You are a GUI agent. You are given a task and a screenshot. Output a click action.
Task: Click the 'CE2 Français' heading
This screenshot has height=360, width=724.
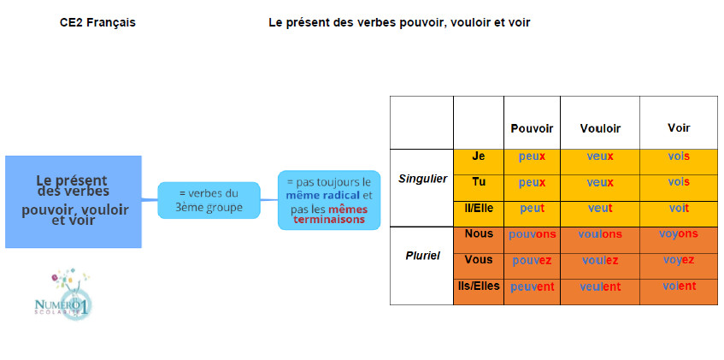tap(98, 22)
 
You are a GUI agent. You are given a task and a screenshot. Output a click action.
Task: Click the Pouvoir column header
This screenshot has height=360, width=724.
tap(532, 128)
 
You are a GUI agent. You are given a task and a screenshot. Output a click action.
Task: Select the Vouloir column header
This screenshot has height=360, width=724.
tap(600, 128)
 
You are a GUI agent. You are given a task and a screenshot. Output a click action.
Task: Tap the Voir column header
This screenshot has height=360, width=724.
tap(679, 127)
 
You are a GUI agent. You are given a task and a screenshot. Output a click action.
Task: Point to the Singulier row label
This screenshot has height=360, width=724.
tap(422, 179)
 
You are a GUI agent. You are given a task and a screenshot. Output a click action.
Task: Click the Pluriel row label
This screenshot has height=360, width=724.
tap(422, 256)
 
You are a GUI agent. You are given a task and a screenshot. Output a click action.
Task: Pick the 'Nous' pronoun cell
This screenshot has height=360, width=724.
tap(479, 233)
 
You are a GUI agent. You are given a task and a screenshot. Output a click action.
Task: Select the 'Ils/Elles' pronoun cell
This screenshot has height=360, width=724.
tap(479, 286)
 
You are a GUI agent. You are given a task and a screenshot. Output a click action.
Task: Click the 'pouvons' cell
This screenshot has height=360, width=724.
tap(532, 235)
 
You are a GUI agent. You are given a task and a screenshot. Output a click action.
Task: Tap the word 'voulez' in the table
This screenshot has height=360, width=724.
tap(600, 261)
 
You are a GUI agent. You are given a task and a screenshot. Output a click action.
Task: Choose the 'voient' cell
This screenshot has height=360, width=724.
tap(679, 286)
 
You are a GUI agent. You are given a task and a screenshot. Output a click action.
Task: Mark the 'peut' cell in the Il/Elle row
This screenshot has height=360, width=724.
tap(532, 209)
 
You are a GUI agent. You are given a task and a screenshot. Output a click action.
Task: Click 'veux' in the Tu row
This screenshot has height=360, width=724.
tap(600, 182)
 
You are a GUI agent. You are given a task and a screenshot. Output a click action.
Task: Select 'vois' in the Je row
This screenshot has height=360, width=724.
tap(679, 156)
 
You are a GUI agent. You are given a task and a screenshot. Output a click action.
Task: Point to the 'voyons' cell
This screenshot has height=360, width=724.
tap(679, 233)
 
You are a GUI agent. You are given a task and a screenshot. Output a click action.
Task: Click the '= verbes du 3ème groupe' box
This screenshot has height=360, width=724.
tap(209, 200)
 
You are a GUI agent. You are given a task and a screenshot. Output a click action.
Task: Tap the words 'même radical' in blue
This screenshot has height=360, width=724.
tap(323, 195)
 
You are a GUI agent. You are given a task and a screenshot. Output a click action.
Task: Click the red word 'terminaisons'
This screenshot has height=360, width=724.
tap(329, 220)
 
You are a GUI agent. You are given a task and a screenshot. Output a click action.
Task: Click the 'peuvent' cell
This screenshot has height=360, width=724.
tap(532, 287)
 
